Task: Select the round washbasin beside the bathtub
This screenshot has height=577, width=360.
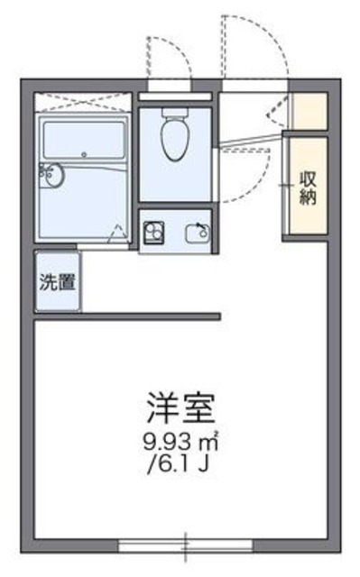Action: [x=52, y=175]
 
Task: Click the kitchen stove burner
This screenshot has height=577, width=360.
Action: [x=153, y=232]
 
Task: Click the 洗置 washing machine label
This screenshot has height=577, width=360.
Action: [x=56, y=280]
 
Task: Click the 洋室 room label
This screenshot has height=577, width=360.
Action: [x=181, y=408]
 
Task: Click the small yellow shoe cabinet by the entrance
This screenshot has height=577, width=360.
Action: [x=307, y=107]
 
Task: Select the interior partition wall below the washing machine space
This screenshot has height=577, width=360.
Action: [x=127, y=316]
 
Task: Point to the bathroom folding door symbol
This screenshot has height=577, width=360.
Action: [x=115, y=232]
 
